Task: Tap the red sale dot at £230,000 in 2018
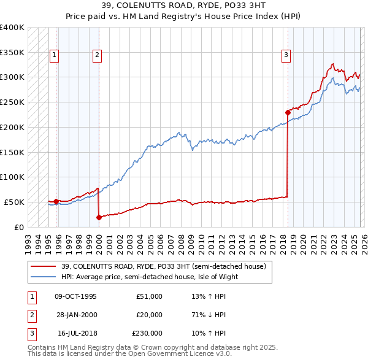288,112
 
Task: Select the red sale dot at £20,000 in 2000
99,217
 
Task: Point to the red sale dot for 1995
56,201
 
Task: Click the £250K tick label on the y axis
12,102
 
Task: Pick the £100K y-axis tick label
12,177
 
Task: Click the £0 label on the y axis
18,227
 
